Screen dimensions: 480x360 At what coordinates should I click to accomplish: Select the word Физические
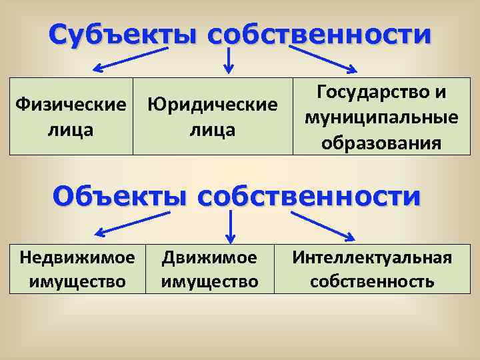[x=71, y=105]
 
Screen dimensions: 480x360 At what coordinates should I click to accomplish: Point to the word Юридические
[x=212, y=105]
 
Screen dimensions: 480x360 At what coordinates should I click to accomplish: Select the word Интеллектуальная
[x=372, y=257]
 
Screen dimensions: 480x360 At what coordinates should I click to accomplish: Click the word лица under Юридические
[x=212, y=130]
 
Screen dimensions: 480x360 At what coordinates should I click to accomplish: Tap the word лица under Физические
[x=71, y=130]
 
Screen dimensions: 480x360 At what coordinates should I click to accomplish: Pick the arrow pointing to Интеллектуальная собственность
[x=320, y=223]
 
